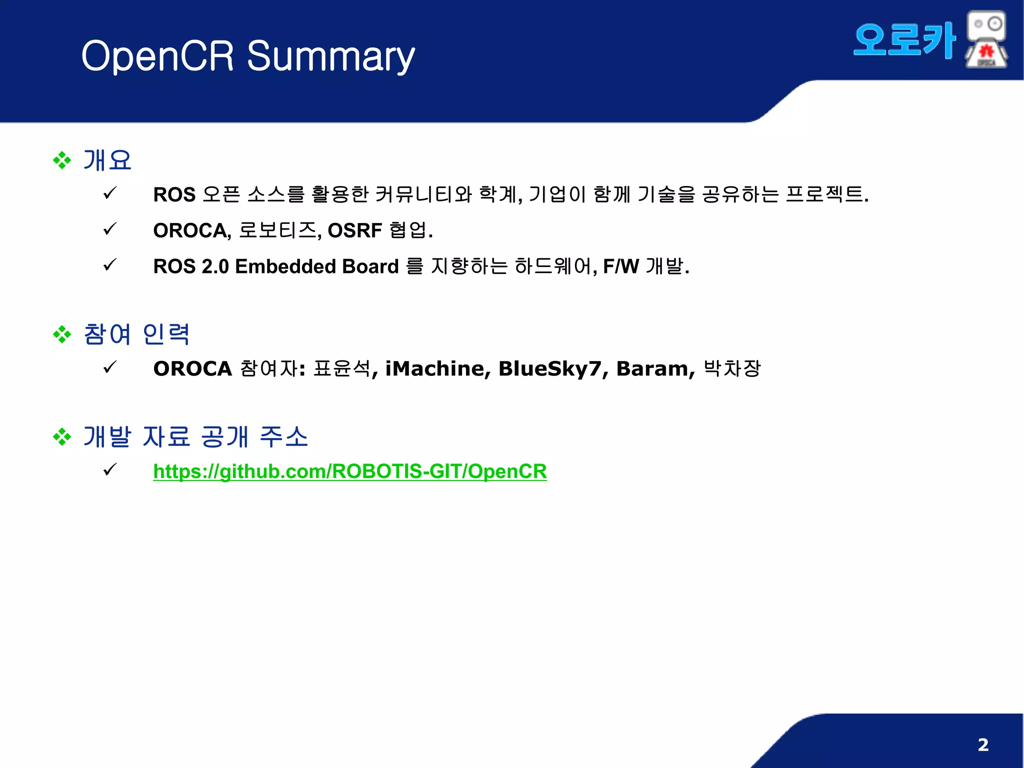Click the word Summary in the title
tap(330, 56)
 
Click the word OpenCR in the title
tap(157, 56)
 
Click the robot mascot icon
tap(986, 40)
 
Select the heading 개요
tap(107, 160)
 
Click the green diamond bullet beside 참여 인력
tap(62, 334)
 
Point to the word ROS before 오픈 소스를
tap(174, 194)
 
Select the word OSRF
tap(354, 230)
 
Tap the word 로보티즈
tap(277, 230)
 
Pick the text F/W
tap(621, 266)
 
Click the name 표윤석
tap(342, 369)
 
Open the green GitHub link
tap(350, 471)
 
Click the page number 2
tap(983, 744)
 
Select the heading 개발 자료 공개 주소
tap(195, 436)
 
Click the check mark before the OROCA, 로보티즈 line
tap(109, 229)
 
